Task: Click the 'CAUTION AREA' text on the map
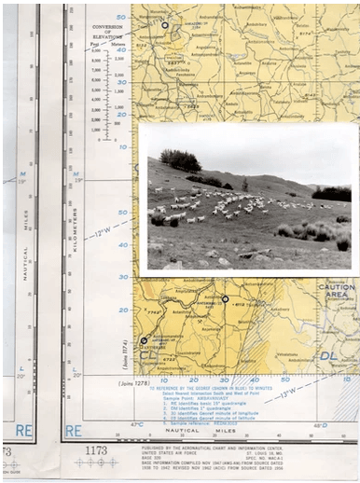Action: (337, 292)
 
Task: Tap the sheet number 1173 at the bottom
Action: (96, 451)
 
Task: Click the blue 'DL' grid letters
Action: (329, 355)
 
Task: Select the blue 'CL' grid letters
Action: (148, 355)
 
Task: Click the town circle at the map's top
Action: (165, 25)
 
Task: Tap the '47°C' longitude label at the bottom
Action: (138, 425)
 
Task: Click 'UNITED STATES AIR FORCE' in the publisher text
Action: (173, 452)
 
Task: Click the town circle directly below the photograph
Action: (225, 298)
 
